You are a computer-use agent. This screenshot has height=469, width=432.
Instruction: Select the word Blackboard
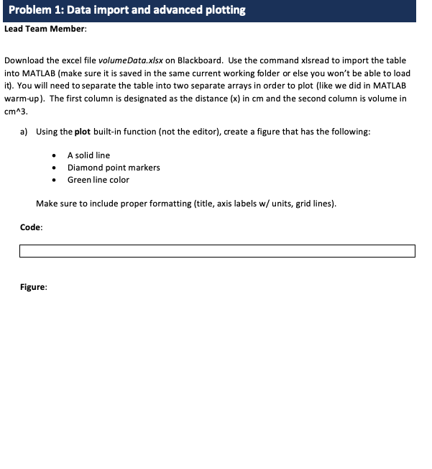click(200, 60)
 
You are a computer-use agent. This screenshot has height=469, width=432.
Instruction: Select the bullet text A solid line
click(88, 155)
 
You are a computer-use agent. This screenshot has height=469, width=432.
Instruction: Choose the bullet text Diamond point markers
click(114, 168)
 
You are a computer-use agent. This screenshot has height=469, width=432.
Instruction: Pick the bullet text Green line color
click(98, 180)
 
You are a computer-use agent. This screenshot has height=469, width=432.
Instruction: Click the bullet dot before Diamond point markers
click(55, 168)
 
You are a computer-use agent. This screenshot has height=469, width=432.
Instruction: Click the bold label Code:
click(32, 227)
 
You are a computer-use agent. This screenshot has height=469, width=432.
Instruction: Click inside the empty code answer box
click(217, 251)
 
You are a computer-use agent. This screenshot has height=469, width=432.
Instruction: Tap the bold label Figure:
click(34, 287)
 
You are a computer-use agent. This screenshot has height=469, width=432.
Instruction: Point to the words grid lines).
click(316, 204)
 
